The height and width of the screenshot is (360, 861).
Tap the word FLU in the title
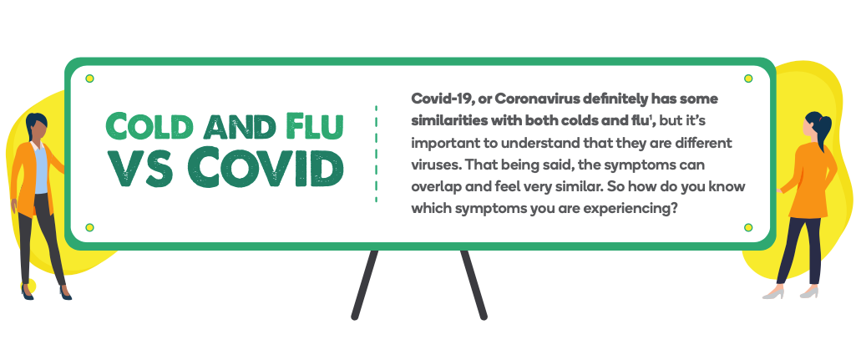[x=315, y=126]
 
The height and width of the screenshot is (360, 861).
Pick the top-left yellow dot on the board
[x=89, y=79]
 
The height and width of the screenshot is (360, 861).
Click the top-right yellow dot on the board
[x=748, y=79]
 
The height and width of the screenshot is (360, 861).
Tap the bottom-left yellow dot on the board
[x=89, y=227]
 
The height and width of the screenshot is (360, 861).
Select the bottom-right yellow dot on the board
[x=748, y=227]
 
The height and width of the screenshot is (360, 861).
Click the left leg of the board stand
[x=365, y=284]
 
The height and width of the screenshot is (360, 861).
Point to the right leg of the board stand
[x=474, y=284]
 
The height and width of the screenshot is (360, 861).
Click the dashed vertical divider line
[x=376, y=155]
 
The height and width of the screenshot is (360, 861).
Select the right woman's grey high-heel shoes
[x=791, y=293]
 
